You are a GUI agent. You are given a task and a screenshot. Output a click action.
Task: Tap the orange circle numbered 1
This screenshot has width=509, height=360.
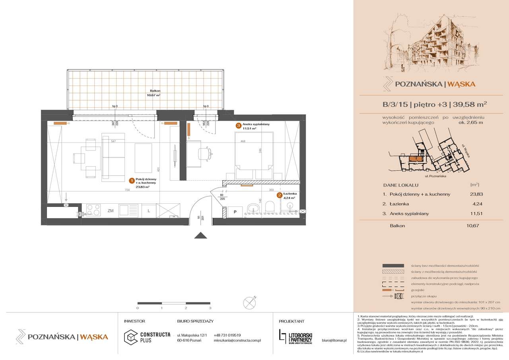coord(131,181)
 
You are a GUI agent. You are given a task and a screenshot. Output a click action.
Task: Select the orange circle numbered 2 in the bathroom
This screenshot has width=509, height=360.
coord(280,195)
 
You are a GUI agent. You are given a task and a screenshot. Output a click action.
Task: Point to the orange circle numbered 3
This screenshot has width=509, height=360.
coord(238,126)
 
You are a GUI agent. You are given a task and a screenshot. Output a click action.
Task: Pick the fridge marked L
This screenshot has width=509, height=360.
coord(148,210)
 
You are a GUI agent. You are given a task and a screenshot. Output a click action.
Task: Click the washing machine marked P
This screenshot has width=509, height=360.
coord(235,212)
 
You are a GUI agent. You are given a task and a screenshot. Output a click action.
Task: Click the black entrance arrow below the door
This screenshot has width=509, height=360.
coord(201,235)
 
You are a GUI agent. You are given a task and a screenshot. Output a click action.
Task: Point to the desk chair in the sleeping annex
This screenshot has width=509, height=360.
coord(206,152)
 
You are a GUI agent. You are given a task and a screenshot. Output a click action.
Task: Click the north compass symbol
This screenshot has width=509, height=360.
coord(250,301)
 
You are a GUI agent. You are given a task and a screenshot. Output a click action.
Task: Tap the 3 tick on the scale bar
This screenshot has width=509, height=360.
coord(210,307)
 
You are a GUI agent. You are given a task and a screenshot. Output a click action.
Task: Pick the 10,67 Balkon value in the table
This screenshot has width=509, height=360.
coord(471,226)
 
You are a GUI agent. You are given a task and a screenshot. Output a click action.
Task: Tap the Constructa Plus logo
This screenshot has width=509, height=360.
coord(148,337)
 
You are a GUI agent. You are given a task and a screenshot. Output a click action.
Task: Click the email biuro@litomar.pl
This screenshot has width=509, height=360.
coord(334,341)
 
